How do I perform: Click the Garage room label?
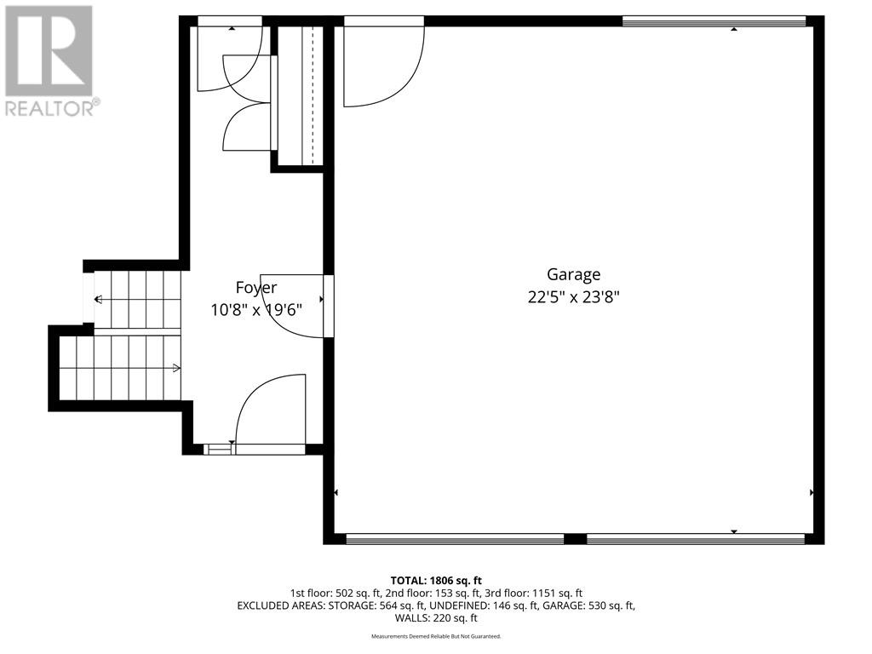(x=573, y=274)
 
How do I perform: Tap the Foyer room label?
(x=255, y=288)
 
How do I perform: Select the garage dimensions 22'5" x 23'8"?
(x=573, y=297)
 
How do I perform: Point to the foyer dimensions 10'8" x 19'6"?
(x=256, y=310)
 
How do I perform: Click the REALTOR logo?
(x=50, y=60)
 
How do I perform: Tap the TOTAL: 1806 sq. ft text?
(x=435, y=579)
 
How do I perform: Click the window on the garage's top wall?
(x=714, y=21)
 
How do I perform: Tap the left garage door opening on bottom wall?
(x=455, y=538)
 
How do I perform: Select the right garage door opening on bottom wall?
(x=696, y=538)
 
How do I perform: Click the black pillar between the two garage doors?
(x=576, y=538)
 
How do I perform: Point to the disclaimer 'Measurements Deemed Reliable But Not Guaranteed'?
(x=435, y=636)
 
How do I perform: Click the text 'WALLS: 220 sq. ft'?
(x=435, y=618)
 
